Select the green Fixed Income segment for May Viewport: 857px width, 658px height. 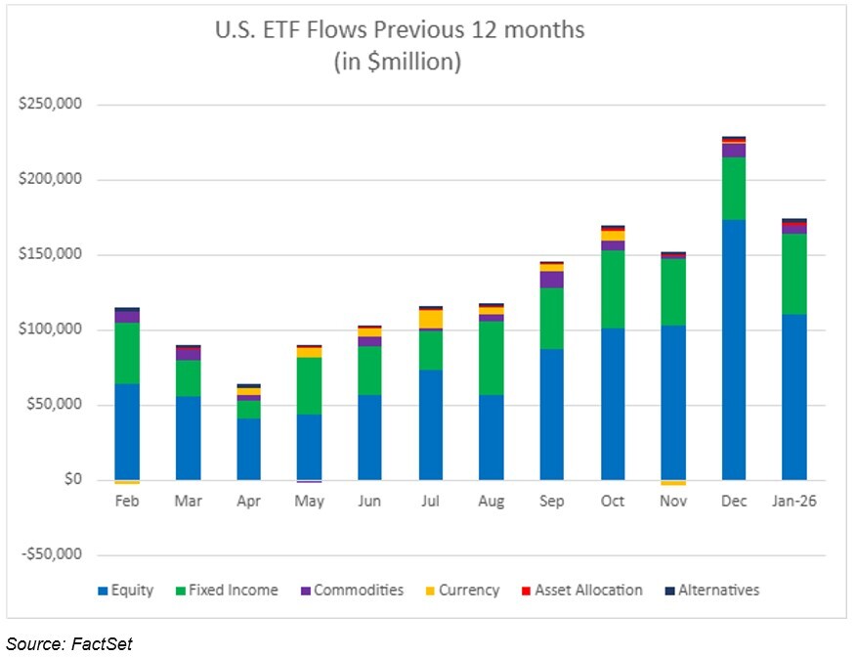pos(309,385)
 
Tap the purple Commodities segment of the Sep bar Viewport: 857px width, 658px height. pos(551,280)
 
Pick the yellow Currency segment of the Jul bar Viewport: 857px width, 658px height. pos(430,319)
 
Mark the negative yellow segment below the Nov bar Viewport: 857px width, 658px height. pos(672,482)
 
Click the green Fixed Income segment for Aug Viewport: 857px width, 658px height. pos(491,358)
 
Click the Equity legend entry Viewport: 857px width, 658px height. pos(126,591)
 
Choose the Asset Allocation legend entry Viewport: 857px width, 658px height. pos(584,591)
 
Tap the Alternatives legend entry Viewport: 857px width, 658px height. pos(709,591)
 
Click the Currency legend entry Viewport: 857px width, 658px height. pos(461,591)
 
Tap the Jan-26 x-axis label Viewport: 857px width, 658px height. pos(793,502)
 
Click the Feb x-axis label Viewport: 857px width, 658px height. pos(127,502)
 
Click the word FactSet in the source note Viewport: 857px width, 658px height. pos(104,642)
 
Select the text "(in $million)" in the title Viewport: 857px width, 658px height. pos(399,62)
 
